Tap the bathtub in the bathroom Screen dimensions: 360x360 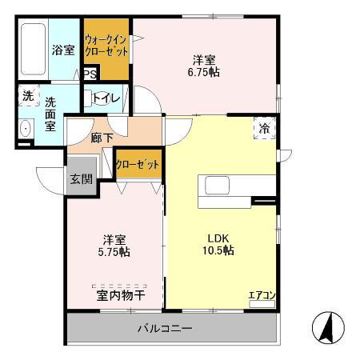(34, 50)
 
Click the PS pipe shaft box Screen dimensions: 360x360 (90, 74)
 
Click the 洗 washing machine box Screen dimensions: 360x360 (28, 96)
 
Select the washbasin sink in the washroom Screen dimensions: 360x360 (25, 129)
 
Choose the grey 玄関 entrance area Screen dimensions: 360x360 (80, 178)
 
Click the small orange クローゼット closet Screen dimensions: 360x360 (138, 165)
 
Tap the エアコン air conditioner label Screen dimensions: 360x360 (262, 296)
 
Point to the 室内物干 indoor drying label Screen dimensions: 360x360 (120, 295)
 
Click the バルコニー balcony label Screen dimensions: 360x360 (163, 328)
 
